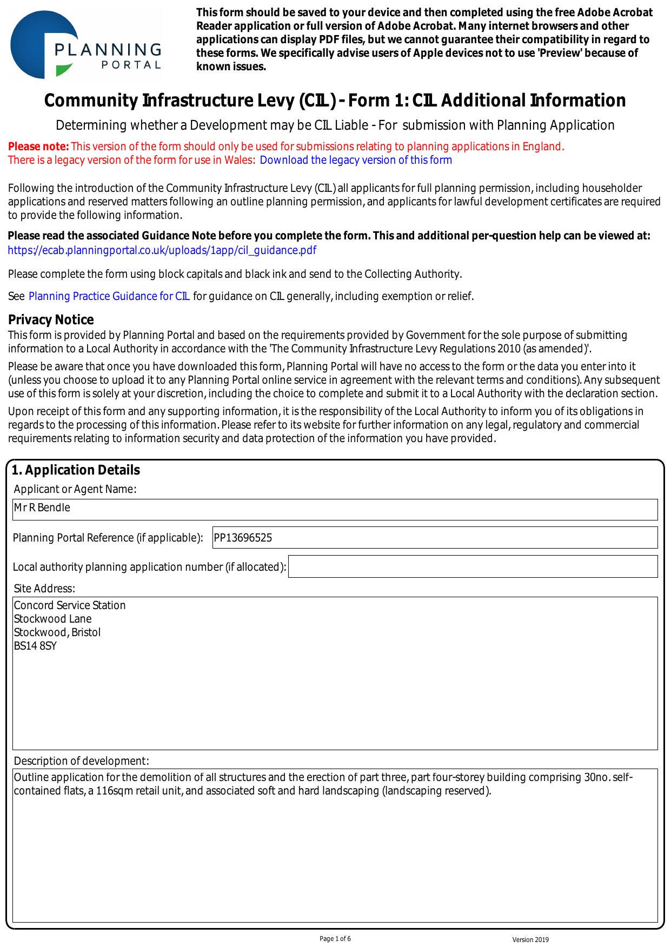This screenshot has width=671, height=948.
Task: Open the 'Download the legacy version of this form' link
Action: (356, 160)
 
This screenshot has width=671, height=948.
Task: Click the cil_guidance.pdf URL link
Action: (162, 250)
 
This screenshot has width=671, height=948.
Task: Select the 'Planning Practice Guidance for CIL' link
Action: (109, 296)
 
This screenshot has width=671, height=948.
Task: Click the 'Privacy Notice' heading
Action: (51, 319)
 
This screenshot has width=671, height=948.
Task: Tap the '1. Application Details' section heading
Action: (76, 470)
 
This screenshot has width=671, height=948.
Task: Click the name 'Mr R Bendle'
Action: (42, 508)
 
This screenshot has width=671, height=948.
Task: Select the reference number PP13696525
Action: (243, 538)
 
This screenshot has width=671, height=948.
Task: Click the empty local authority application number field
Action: (473, 566)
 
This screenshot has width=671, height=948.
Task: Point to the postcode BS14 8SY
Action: (35, 646)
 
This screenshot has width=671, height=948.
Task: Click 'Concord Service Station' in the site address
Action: (70, 605)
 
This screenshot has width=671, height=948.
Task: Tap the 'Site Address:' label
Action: (44, 589)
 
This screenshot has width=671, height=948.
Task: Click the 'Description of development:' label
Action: (81, 761)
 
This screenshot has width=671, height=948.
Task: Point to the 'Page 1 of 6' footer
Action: (335, 939)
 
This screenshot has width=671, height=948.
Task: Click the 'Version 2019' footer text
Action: (530, 940)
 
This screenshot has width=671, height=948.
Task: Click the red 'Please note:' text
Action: (38, 146)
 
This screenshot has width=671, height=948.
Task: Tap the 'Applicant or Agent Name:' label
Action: (75, 489)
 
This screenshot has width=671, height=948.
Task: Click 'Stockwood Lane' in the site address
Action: (53, 619)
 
